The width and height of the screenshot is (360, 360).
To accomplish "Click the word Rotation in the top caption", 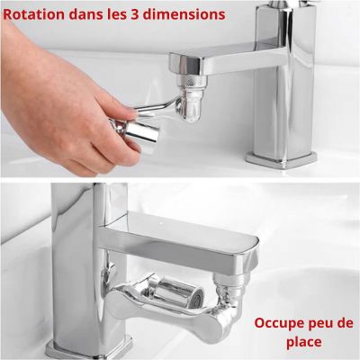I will coord(37,14).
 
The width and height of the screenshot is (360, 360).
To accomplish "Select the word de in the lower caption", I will coord(345,322).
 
